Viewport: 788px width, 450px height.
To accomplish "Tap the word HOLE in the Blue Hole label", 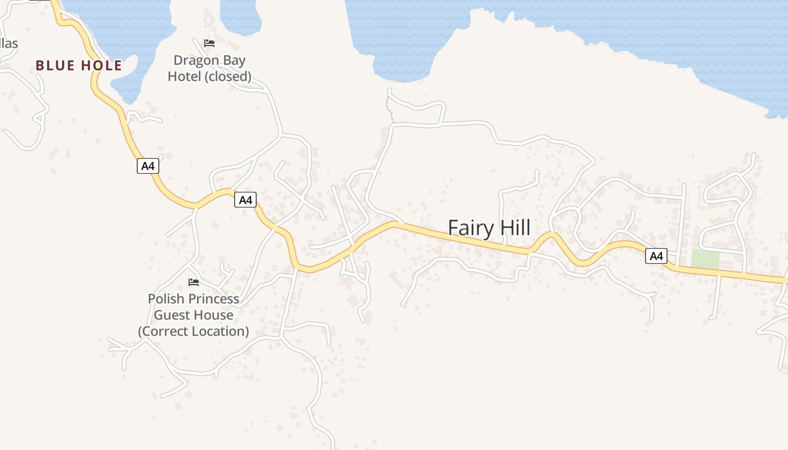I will [x=101, y=65].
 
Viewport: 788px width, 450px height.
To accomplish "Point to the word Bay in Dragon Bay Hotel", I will [x=235, y=60].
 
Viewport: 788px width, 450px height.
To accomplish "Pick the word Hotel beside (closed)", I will [x=185, y=76].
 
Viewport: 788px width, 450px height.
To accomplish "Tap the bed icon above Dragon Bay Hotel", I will [x=209, y=43].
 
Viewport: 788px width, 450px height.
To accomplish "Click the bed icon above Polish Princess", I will [x=194, y=282].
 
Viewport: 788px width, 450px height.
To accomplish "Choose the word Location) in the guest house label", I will [x=221, y=331].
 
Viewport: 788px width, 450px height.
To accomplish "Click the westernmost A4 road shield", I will [x=147, y=166].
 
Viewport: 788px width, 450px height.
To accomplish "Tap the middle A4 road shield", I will [x=245, y=200].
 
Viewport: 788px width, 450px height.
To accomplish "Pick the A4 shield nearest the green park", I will [x=656, y=256].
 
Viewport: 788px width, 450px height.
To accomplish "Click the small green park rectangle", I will [x=705, y=259].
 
